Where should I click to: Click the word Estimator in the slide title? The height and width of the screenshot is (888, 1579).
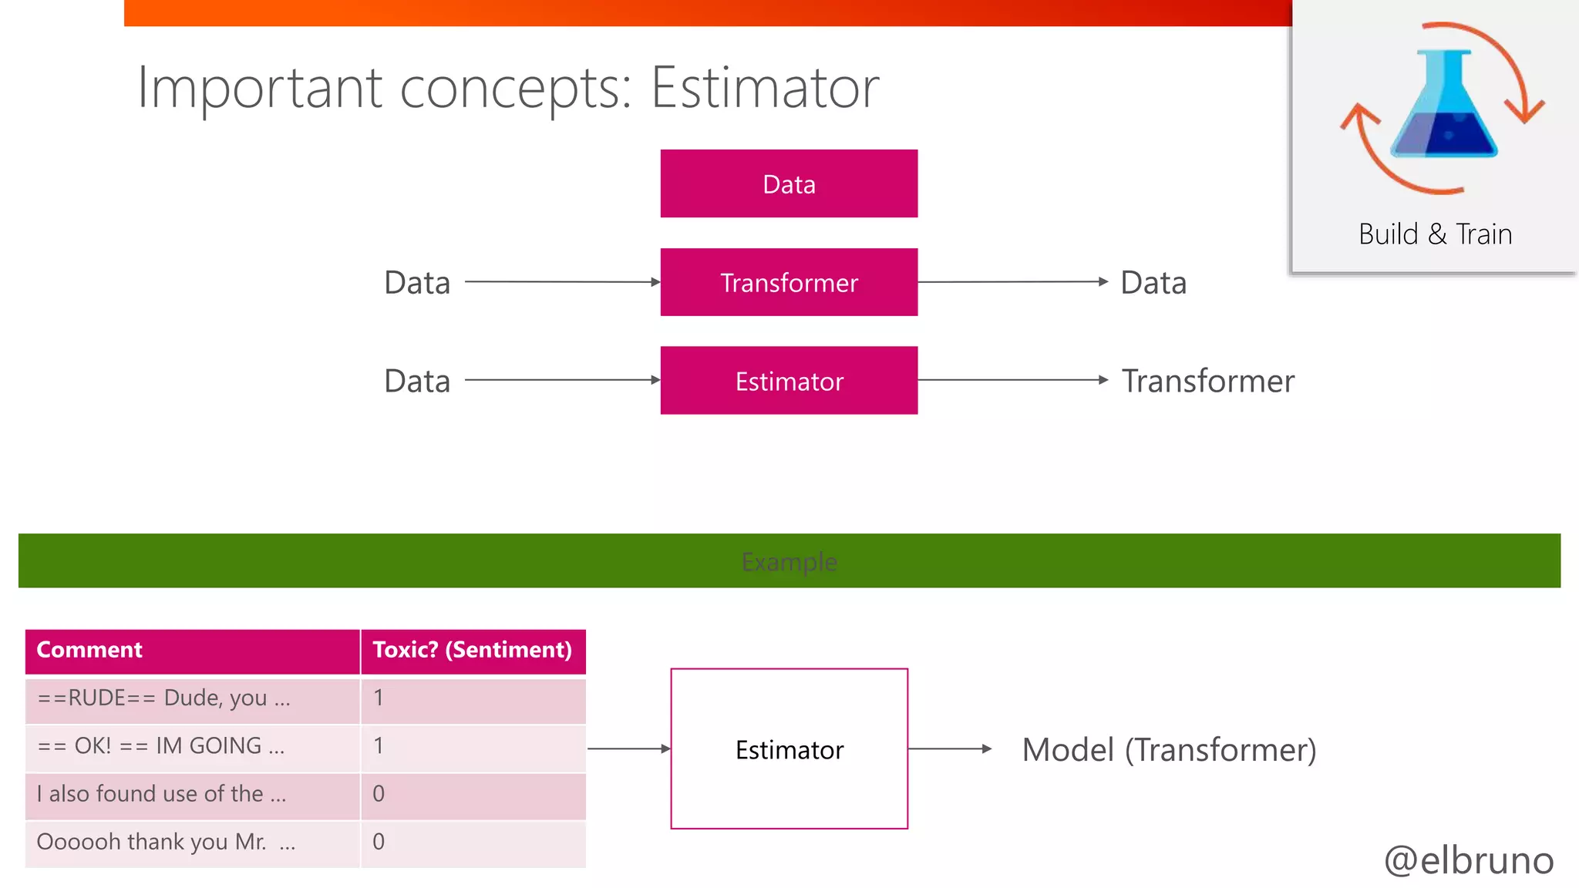(x=764, y=88)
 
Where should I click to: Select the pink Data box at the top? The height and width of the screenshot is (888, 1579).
(x=789, y=183)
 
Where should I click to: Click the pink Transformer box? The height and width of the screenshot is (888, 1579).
(x=789, y=282)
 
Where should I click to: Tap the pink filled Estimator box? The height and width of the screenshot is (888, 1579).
(x=789, y=381)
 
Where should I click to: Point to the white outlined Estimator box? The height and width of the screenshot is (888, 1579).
(x=789, y=749)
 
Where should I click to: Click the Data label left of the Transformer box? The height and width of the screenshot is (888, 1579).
(x=417, y=283)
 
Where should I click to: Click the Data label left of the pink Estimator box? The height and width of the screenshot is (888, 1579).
(x=417, y=381)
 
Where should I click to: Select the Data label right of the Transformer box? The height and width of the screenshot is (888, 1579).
(x=1153, y=283)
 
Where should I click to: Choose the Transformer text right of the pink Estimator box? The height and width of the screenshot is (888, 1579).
(x=1207, y=381)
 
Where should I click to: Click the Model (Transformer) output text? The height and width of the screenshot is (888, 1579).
(x=1169, y=749)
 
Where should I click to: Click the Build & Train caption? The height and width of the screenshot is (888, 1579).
(x=1435, y=234)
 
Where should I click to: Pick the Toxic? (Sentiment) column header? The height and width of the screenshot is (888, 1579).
(x=473, y=650)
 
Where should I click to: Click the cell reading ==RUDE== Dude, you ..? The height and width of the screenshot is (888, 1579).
(x=164, y=698)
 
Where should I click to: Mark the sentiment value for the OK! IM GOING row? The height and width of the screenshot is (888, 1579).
(x=379, y=745)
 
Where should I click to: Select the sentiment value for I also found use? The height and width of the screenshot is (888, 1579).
(x=379, y=793)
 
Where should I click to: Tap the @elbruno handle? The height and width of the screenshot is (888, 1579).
(x=1469, y=860)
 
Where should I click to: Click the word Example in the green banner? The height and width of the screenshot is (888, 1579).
(x=789, y=562)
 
